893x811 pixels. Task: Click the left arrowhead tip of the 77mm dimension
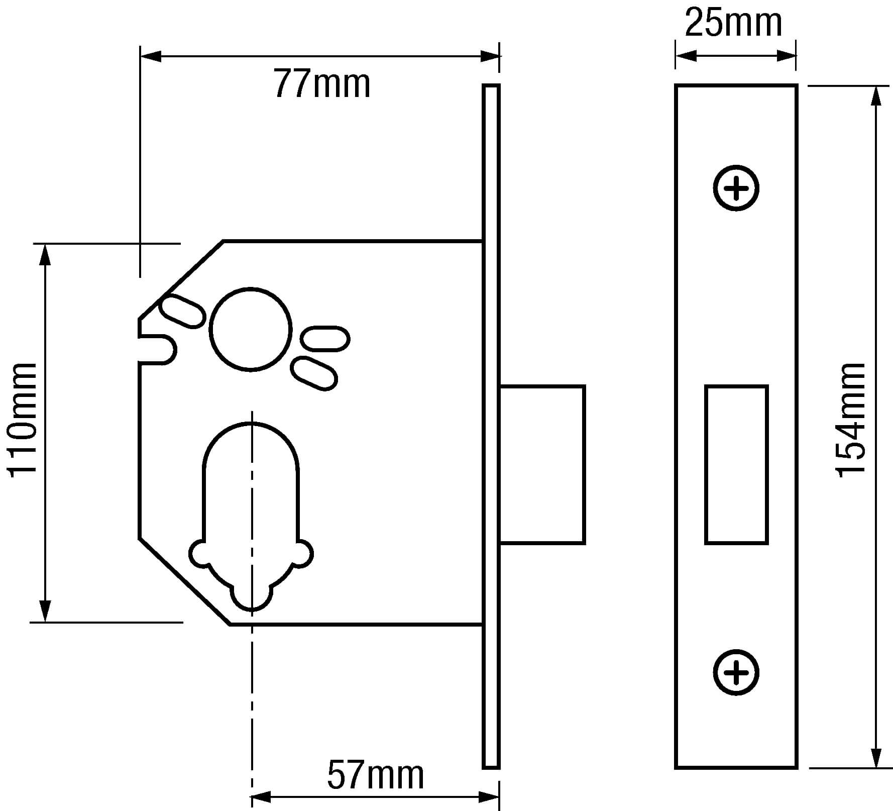(141, 56)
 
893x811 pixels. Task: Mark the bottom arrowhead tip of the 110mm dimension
(46, 622)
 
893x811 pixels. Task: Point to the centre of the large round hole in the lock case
(251, 330)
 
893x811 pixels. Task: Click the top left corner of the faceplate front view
(676, 85)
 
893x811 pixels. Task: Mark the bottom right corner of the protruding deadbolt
(585, 543)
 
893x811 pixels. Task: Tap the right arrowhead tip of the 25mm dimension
(797, 56)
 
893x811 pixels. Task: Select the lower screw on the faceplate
(736, 672)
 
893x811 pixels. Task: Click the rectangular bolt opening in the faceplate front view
(736, 465)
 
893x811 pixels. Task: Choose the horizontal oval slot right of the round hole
(325, 338)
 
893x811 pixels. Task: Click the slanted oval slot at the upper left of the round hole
(182, 312)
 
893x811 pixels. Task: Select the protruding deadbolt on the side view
(542, 465)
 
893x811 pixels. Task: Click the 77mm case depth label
(322, 84)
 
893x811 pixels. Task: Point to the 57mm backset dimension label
(376, 775)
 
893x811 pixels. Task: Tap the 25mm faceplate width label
(734, 23)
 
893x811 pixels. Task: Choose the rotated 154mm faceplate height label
(850, 419)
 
